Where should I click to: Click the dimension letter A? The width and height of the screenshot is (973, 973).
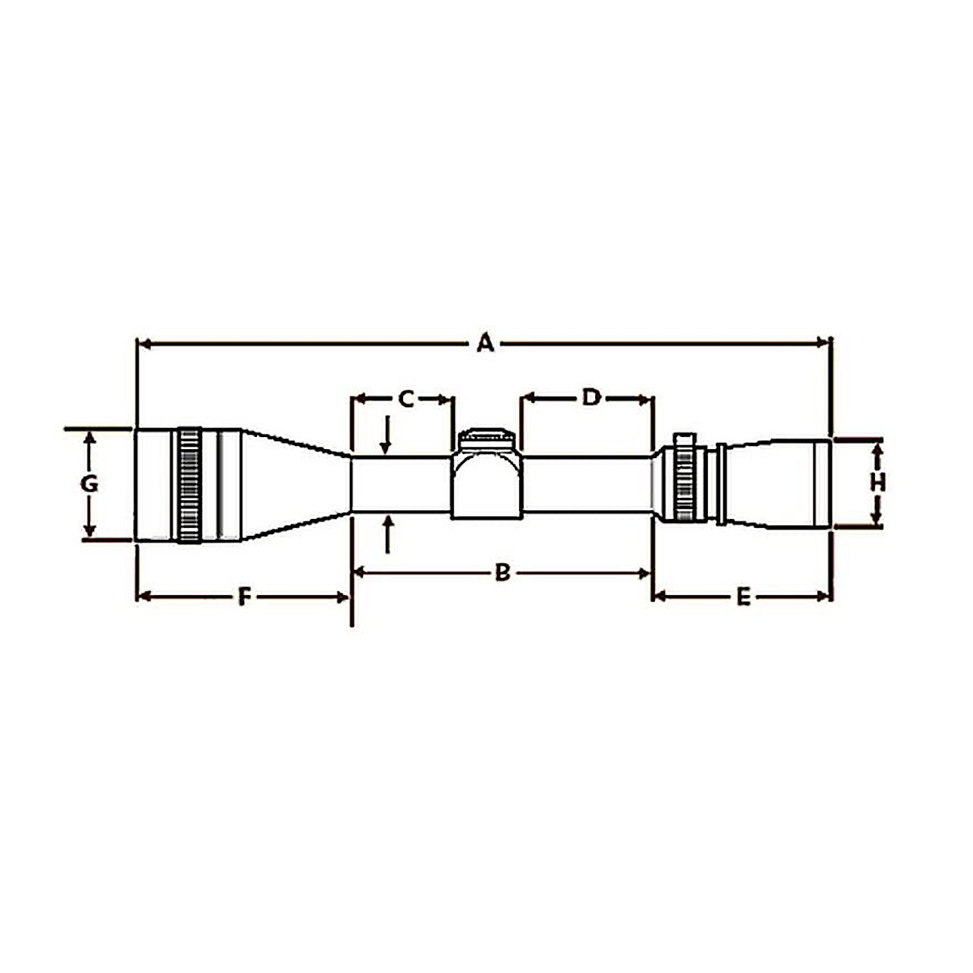[485, 343]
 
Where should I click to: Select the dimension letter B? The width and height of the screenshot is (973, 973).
[502, 573]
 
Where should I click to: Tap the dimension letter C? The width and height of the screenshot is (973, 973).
[406, 398]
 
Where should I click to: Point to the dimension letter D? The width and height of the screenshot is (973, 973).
[592, 397]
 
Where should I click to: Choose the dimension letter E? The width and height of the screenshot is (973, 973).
[743, 598]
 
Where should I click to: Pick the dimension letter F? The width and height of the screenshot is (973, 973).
[243, 598]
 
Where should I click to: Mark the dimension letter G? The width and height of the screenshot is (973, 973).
[89, 484]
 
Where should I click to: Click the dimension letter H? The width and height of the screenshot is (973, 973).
[877, 482]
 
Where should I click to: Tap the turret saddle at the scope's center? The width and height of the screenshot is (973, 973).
[485, 482]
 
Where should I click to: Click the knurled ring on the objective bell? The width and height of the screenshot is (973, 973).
[189, 485]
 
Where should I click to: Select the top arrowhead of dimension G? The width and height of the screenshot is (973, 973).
[89, 438]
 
